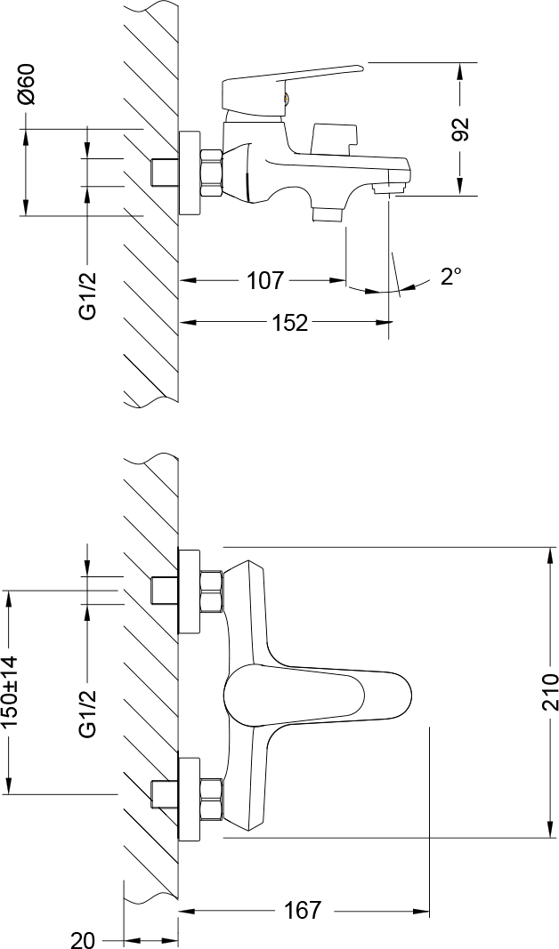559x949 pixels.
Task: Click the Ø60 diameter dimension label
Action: pos(27,85)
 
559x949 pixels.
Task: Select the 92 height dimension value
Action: pos(460,129)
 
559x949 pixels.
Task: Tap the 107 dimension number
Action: pos(264,281)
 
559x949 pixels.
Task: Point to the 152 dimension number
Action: pos(288,323)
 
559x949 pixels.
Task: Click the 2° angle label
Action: pos(450,277)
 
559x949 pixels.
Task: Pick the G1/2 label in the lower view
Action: pos(87,714)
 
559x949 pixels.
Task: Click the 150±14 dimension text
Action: pos(11,693)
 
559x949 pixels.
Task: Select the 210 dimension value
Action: pos(549,693)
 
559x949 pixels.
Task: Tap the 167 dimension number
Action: pos(302,911)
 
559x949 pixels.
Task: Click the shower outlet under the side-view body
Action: pos(328,213)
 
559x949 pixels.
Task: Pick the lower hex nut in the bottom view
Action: pos(211,798)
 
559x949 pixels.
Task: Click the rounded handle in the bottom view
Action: pos(316,695)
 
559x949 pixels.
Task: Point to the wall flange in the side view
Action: pos(190,173)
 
